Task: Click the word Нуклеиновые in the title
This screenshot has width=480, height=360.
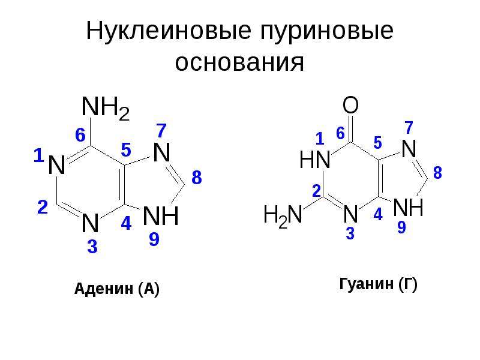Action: tap(169, 31)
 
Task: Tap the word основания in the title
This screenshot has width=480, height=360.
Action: tap(239, 63)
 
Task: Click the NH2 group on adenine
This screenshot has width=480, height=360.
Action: tap(106, 109)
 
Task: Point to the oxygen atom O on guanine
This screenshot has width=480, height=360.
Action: tap(350, 105)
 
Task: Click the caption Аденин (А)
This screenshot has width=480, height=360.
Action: tap(116, 289)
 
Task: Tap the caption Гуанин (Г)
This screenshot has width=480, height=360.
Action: tap(379, 284)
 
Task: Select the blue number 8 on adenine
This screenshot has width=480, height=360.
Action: tap(197, 178)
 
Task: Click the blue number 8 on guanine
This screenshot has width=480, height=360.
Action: tap(438, 173)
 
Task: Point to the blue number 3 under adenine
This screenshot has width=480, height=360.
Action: tap(92, 247)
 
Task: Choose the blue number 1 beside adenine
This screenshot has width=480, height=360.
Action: tap(38, 155)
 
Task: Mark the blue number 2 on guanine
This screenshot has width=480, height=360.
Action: tap(317, 191)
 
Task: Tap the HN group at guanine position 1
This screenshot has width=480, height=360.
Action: tap(314, 160)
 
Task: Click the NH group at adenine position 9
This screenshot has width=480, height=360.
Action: tap(161, 216)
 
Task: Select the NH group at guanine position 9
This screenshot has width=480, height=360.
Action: tap(408, 207)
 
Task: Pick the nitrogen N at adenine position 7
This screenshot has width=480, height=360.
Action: tap(161, 152)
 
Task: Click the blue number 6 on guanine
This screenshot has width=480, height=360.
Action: tap(340, 133)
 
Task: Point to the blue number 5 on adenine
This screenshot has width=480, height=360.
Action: tap(126, 149)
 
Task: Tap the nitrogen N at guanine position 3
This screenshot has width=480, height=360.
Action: tap(350, 214)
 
